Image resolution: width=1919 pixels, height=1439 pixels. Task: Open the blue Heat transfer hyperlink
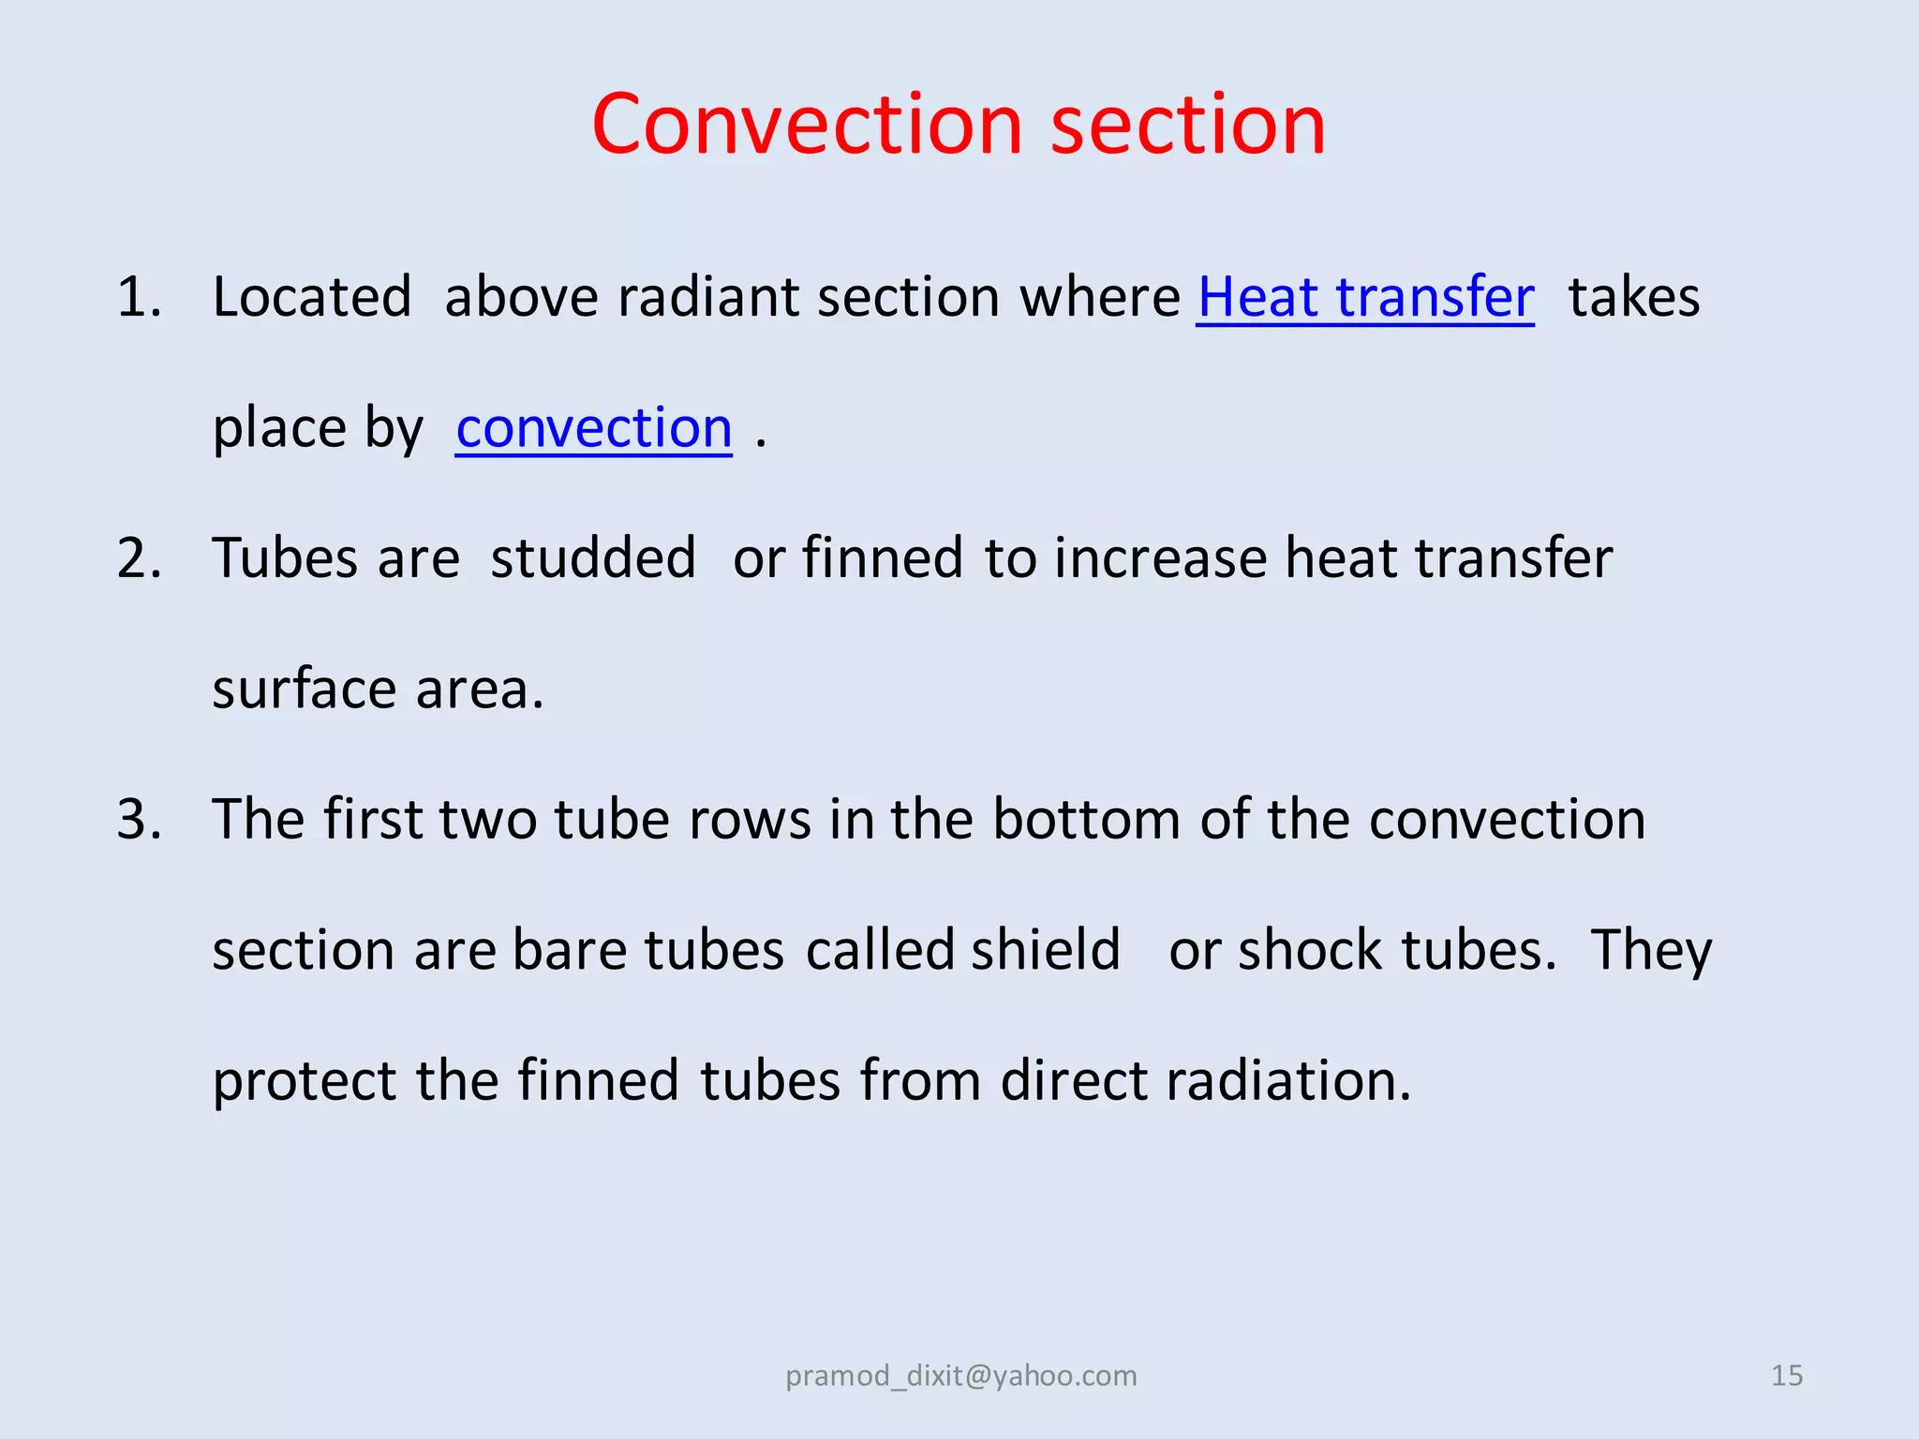pyautogui.click(x=1365, y=297)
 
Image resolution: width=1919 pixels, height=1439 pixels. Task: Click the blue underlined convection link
pyautogui.click(x=594, y=428)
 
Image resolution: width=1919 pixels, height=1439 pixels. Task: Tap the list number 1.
pyautogui.click(x=139, y=297)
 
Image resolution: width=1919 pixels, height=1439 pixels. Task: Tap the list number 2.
pyautogui.click(x=139, y=558)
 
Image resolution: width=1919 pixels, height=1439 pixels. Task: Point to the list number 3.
pyautogui.click(x=139, y=819)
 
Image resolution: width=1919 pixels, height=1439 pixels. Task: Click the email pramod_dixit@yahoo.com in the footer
pyautogui.click(x=960, y=1375)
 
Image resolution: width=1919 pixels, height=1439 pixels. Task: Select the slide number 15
pyautogui.click(x=1786, y=1375)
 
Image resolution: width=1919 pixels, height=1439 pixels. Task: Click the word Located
pyautogui.click(x=312, y=297)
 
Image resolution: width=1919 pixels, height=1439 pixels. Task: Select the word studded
pyautogui.click(x=593, y=558)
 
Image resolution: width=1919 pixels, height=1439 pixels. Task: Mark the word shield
pyautogui.click(x=1046, y=950)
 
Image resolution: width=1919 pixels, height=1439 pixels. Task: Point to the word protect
pyautogui.click(x=305, y=1081)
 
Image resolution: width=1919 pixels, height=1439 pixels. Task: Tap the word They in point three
pyautogui.click(x=1651, y=950)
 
